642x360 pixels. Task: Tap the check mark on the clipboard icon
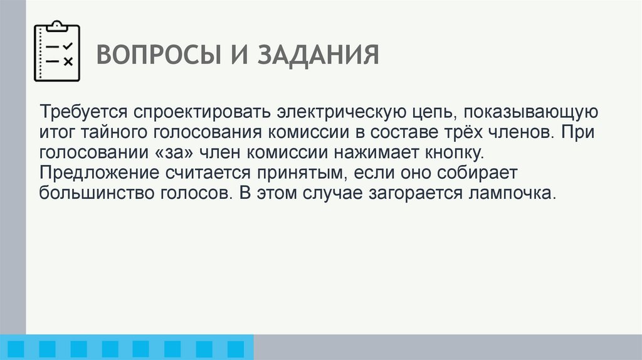coord(68,46)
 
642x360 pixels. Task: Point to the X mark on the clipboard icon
coord(68,61)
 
